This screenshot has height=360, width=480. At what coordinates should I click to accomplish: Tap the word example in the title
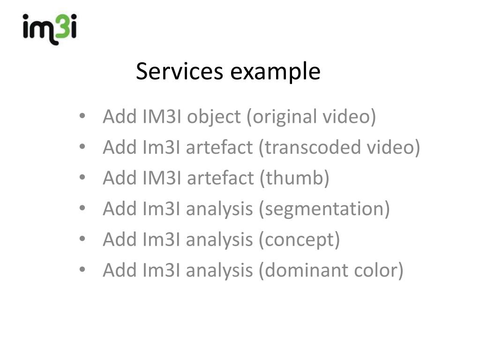click(275, 72)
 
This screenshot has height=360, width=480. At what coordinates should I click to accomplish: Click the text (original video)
click(311, 117)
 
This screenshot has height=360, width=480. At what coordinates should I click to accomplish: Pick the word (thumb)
click(294, 178)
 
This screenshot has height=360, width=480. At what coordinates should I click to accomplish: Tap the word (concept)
click(299, 240)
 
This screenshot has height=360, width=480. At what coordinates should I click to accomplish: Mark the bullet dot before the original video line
click(82, 117)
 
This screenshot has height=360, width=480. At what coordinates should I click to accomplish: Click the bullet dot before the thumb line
click(82, 178)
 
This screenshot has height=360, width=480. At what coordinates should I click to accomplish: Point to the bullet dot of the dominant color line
click(82, 270)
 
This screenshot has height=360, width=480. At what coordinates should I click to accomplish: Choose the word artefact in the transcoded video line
click(219, 148)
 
